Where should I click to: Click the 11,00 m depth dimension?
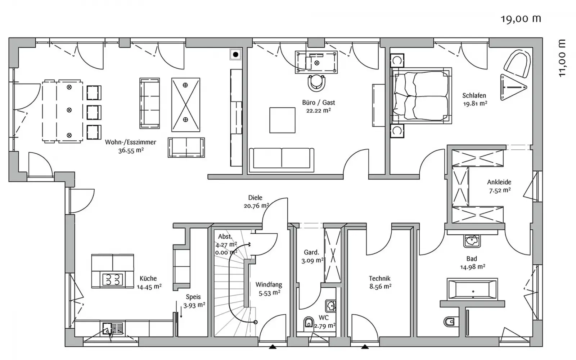[562, 58]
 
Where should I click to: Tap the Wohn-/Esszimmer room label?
[130, 142]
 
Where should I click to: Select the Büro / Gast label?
[318, 103]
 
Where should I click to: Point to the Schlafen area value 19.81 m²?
[475, 104]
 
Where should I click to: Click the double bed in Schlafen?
[421, 96]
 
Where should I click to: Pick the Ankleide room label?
[499, 182]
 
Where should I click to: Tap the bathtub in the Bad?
[472, 289]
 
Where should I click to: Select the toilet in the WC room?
[308, 323]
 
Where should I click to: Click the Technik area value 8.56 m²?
[380, 287]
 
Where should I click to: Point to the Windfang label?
[269, 285]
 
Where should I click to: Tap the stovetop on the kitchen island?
[113, 279]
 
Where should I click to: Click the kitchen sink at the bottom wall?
[113, 329]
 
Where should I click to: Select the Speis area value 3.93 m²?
[194, 306]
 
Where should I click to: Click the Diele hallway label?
[255, 198]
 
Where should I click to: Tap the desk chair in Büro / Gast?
[316, 83]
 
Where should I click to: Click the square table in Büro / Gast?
[282, 120]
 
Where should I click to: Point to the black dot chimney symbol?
[235, 54]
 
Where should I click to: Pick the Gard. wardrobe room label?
[311, 252]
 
